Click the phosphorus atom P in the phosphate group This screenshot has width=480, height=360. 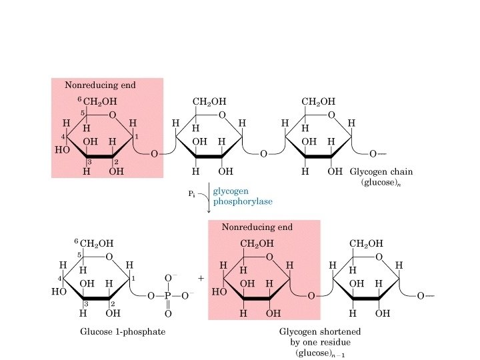pos(168,295)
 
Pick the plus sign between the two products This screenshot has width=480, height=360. pos(201,277)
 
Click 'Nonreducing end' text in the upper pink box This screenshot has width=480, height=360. pos(100,85)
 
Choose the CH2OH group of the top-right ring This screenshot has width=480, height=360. pos(318,102)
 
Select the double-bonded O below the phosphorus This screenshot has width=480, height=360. pos(168,313)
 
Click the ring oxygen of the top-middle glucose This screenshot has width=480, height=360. pos(221,115)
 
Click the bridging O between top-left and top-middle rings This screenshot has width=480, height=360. pos(154,154)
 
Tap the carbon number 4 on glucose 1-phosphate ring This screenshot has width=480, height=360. pos(59,277)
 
